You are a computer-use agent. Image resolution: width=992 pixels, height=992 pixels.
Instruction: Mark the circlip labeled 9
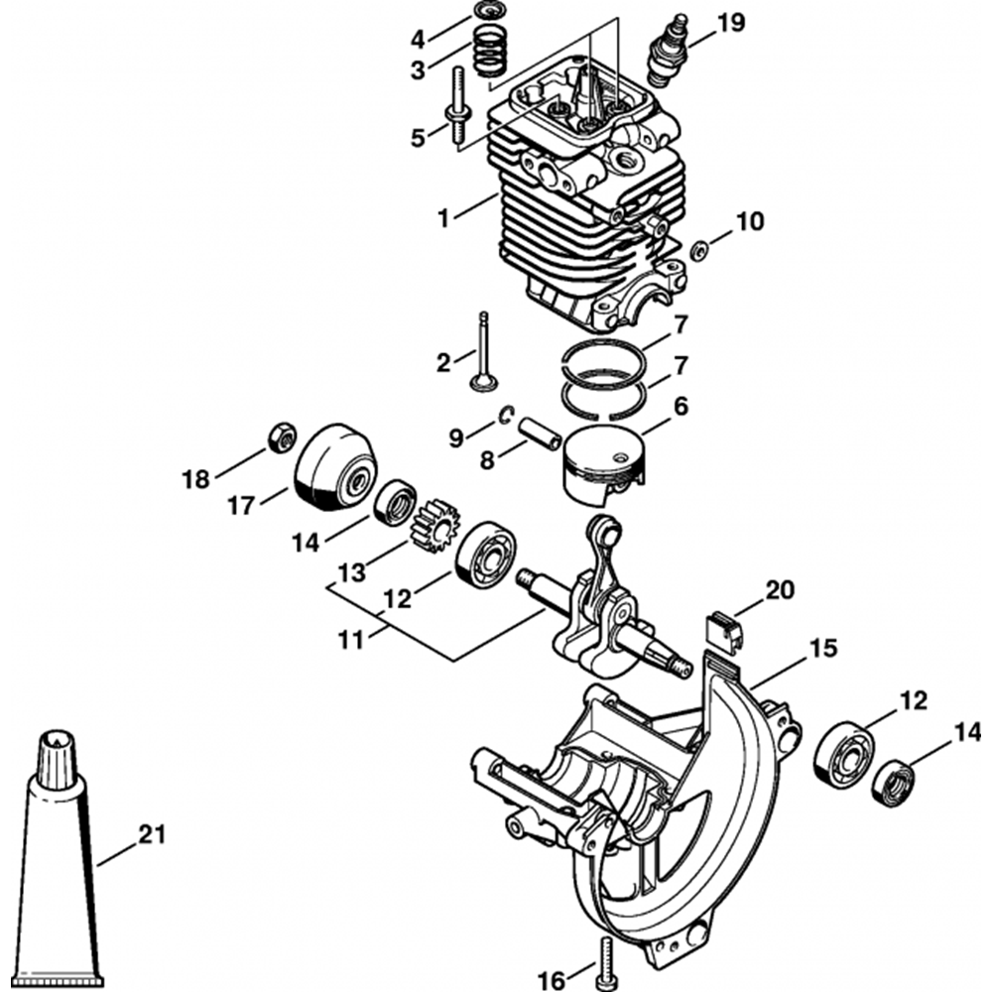coord(507,417)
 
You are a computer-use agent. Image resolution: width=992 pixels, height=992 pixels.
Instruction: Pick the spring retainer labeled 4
coord(487,12)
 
